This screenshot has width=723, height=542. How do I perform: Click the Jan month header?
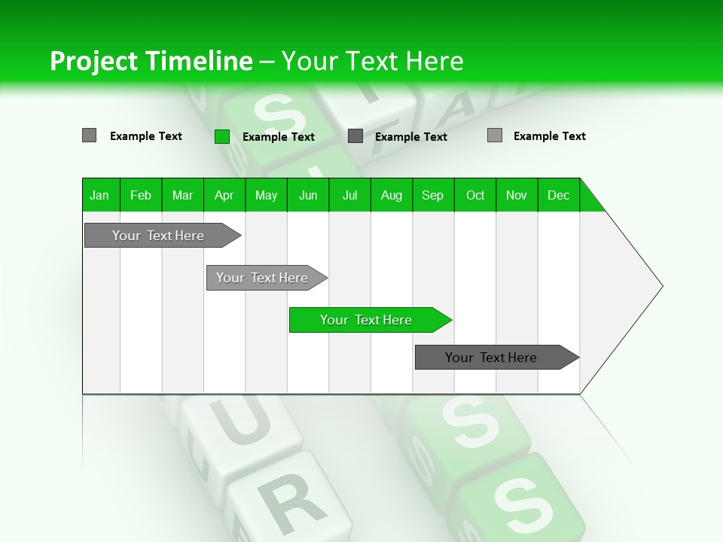pos(99,195)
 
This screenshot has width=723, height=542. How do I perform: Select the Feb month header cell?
pos(141,195)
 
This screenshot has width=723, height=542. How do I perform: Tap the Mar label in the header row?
pos(182,195)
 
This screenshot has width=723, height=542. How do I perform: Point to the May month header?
pos(266,195)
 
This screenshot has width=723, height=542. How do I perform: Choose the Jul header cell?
pos(349,195)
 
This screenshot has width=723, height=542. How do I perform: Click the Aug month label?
pos(391,195)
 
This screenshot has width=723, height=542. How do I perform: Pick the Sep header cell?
pos(432,195)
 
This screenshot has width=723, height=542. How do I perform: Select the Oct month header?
pos(475,195)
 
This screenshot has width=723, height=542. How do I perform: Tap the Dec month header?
pos(558,195)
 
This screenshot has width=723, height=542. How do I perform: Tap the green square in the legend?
pos(221,136)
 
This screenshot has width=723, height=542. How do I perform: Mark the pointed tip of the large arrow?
pos(661,286)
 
